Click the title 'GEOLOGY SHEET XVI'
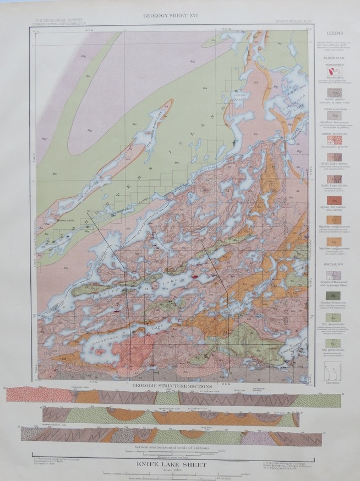click(171, 15)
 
